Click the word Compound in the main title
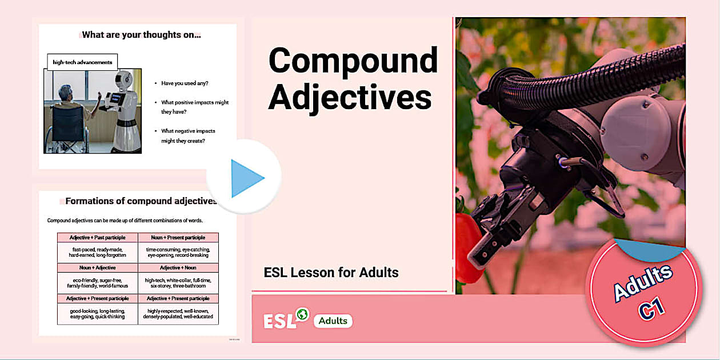coord(353,60)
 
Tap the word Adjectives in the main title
coord(350,97)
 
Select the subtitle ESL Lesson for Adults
coord(331,272)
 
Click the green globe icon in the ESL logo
coord(302,314)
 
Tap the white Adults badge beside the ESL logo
coord(333,321)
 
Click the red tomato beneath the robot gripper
coord(467,246)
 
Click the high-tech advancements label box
coord(82,62)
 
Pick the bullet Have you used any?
coord(184,83)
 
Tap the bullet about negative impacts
coord(187,135)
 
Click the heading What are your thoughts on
coord(141,35)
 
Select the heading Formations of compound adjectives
coord(141,201)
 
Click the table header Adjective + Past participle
coord(97,237)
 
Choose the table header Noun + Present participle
coord(178,237)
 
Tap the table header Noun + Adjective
coord(97,267)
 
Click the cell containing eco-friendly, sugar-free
coord(97,282)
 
